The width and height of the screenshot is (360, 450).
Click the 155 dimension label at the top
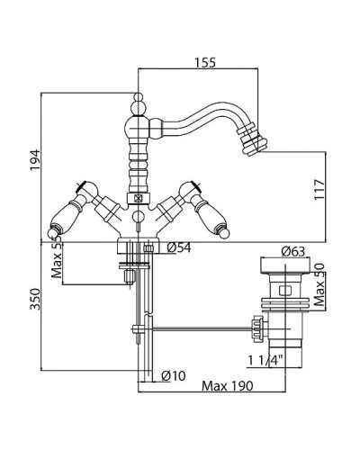click(205, 63)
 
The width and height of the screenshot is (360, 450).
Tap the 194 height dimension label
click(35, 160)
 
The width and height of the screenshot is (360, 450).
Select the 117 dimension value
click(319, 190)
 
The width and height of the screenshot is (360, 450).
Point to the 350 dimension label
click(35, 299)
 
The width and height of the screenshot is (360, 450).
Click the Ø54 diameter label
click(179, 247)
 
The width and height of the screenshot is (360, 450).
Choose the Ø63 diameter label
click(292, 251)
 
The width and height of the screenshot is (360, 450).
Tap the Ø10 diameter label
click(174, 375)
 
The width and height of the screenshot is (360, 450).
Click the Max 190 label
click(228, 386)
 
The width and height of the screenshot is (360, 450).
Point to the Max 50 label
click(319, 284)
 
